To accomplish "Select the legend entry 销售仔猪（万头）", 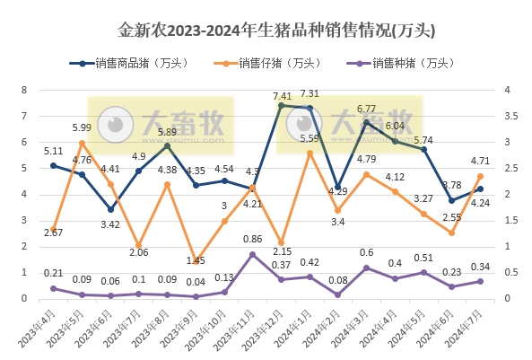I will coord(269,63).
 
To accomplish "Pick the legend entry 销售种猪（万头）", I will coord(402,63).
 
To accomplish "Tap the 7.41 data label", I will coord(282,95).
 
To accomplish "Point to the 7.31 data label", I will coord(310,93).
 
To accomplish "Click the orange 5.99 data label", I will coord(82,127).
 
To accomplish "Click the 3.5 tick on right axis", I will coord(509,116).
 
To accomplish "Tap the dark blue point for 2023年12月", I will coord(281,106).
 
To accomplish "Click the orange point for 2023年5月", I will coord(82,143).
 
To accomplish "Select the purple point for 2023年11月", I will coord(252,255).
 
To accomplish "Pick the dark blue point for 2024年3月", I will coord(366,122).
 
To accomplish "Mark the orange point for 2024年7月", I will coord(480,176).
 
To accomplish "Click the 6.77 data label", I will coord(366,109).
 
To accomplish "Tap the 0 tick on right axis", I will coord(508,298).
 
